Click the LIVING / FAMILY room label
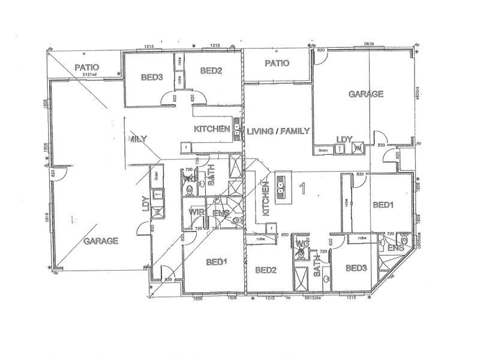[x=278, y=131]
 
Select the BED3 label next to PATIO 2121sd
[x=151, y=77]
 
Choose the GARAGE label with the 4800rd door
[x=366, y=94]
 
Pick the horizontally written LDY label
[x=344, y=137]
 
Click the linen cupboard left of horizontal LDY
[x=323, y=150]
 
